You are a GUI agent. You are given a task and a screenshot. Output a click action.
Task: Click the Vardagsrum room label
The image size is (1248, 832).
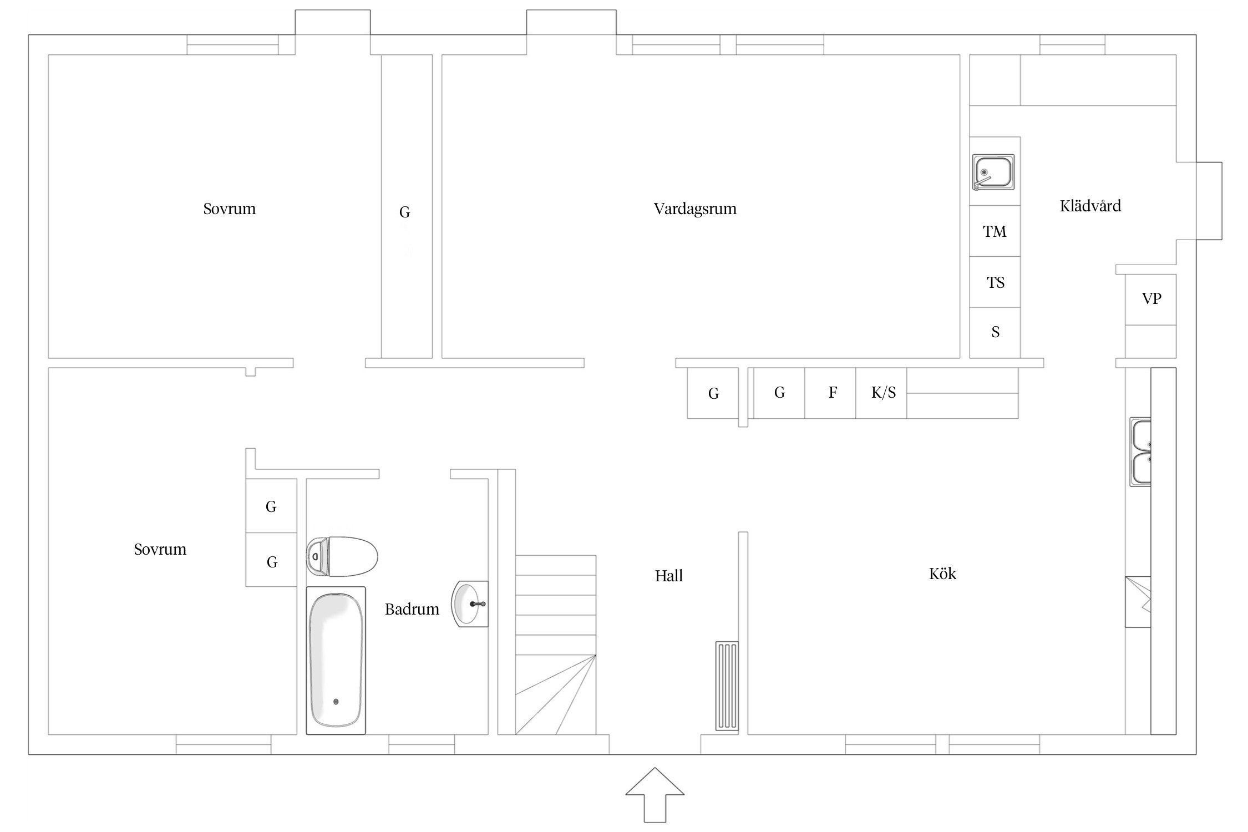pos(695,209)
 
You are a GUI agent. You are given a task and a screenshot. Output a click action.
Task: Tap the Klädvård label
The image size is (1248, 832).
pos(1090,206)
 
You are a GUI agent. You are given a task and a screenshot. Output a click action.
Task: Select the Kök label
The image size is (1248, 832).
pos(942,574)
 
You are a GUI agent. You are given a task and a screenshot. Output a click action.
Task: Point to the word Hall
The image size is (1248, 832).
pos(668,576)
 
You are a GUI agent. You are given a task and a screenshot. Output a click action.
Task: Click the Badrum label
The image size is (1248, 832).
pos(412,609)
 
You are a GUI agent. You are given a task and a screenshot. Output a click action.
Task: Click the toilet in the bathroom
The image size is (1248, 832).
pos(342,556)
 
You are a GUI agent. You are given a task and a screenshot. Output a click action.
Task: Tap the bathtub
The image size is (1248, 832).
pos(336,660)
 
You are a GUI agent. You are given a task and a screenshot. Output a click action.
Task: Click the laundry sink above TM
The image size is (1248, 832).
pos(993,173)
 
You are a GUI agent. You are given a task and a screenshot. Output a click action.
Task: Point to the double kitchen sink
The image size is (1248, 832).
pos(1140,452)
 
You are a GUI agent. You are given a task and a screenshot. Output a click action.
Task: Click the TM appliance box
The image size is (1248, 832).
pos(995,231)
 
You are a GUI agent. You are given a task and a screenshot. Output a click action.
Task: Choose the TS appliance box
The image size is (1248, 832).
pos(995,282)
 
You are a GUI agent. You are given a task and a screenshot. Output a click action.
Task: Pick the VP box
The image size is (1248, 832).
pos(1151,300)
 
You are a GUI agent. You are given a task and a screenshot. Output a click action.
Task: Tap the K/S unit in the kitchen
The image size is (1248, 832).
pos(881,393)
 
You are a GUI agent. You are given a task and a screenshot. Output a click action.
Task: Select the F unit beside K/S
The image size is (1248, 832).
pos(830,393)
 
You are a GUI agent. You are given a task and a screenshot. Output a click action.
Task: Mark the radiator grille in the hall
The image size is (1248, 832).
pos(727,686)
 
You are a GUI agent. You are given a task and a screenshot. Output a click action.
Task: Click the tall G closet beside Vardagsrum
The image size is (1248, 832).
pos(407,206)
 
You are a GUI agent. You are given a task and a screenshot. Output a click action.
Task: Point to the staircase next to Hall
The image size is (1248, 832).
pos(556,645)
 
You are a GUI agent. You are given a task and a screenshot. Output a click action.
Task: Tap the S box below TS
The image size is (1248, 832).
pos(995,333)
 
